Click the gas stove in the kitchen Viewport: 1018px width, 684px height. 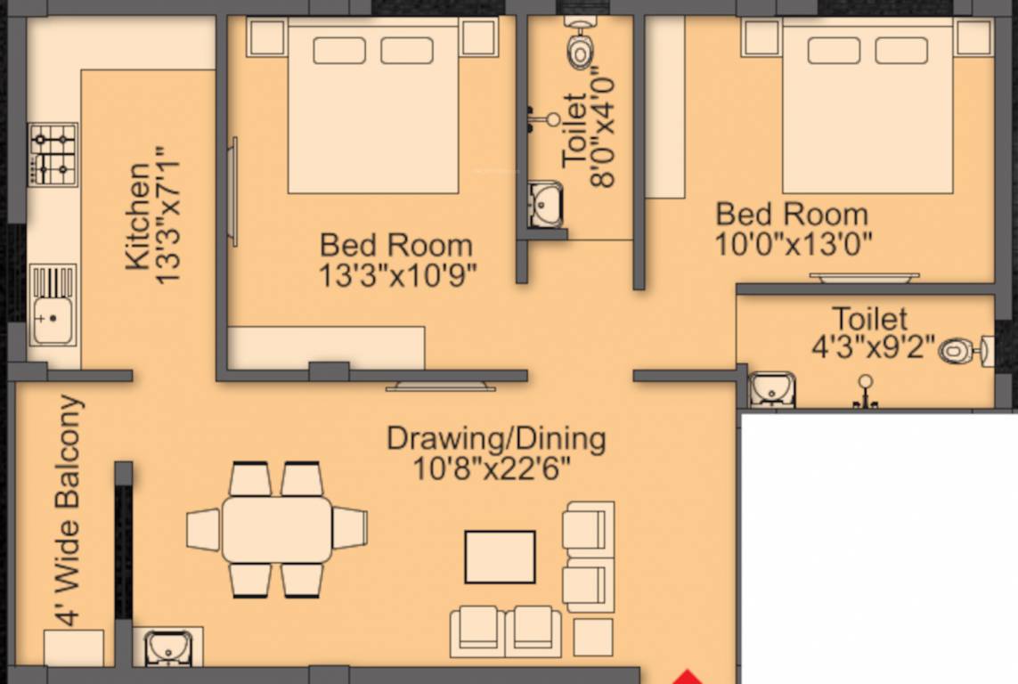pyautogui.click(x=53, y=154)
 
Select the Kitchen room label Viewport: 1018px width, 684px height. pyautogui.click(x=137, y=216)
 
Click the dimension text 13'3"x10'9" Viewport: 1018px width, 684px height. pyautogui.click(x=397, y=274)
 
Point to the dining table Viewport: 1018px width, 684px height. pyautogui.click(x=277, y=529)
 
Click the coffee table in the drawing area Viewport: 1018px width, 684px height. pyautogui.click(x=500, y=557)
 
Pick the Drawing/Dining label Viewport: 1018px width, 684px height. pyautogui.click(x=496, y=438)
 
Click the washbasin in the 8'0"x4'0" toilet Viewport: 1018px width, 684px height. pyautogui.click(x=544, y=204)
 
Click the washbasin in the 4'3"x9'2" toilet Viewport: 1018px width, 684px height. pyautogui.click(x=771, y=389)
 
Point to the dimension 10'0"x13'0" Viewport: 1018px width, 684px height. pyautogui.click(x=793, y=243)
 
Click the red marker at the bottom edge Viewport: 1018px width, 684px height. pyautogui.click(x=686, y=677)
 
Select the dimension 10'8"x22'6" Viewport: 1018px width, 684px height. pyautogui.click(x=492, y=467)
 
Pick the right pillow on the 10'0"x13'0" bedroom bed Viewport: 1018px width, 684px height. pyautogui.click(x=900, y=51)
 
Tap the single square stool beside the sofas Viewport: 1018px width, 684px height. pyautogui.click(x=592, y=637)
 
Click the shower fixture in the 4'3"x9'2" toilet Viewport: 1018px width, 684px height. pyautogui.click(x=865, y=392)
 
